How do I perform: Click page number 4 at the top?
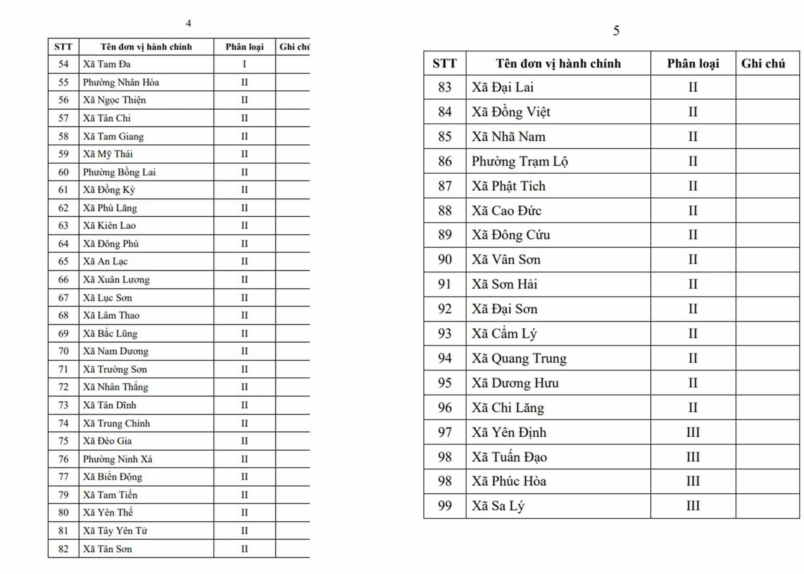click(188, 23)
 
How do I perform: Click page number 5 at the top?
click(616, 31)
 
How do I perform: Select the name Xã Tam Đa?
click(107, 64)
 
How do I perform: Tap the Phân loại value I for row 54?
click(244, 64)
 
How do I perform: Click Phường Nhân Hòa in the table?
click(121, 82)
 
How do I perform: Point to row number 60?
click(63, 172)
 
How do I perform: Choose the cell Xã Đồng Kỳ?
click(109, 190)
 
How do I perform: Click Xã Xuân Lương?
click(116, 280)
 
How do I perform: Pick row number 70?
click(63, 351)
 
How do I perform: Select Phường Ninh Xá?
click(118, 459)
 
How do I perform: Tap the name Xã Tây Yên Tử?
click(115, 531)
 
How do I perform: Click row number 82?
click(63, 549)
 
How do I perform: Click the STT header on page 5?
click(444, 64)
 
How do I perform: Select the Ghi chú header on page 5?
click(763, 64)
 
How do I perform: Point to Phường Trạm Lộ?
click(520, 161)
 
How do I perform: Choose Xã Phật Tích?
click(508, 186)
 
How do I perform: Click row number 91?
click(444, 284)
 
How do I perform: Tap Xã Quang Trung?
click(519, 359)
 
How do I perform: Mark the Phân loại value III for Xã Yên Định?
click(693, 432)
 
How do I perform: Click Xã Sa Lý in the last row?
click(498, 506)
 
